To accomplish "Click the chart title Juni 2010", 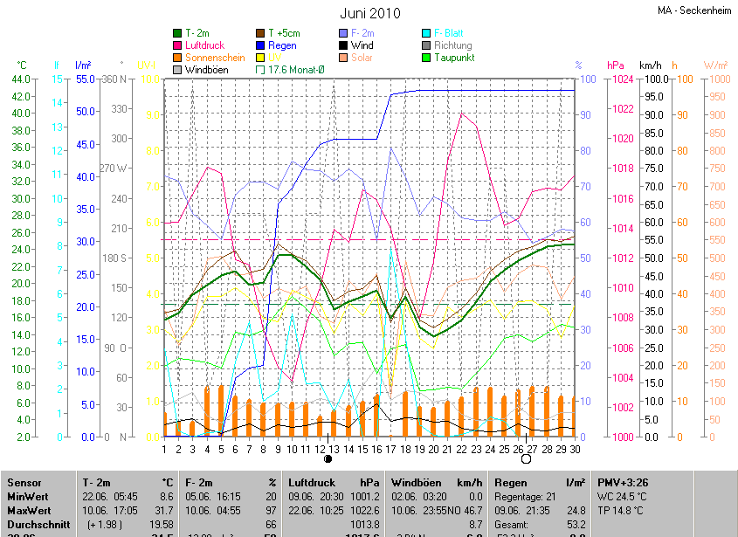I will pyautogui.click(x=369, y=13).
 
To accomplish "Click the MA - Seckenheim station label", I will pyautogui.click(x=696, y=10).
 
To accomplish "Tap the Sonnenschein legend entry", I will pyautogui.click(x=215, y=58).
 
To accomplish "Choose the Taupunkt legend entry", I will pyautogui.click(x=453, y=58).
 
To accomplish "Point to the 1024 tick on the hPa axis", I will pyautogui.click(x=621, y=79).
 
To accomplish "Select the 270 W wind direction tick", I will pyautogui.click(x=114, y=169).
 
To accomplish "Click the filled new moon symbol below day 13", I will pyautogui.click(x=328, y=458).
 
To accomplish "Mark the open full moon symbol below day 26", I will pyautogui.click(x=526, y=458).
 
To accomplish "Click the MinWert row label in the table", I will pyautogui.click(x=27, y=496).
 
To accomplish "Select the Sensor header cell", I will pyautogui.click(x=24, y=483).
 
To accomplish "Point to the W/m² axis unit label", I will pyautogui.click(x=715, y=65).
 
